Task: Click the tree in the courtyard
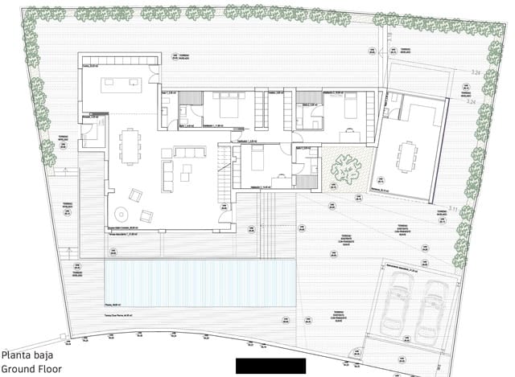(x=347, y=169)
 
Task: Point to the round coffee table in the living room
(x=121, y=215)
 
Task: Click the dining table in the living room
(x=130, y=147)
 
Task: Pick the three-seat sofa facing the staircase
(x=190, y=153)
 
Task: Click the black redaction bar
(x=270, y=366)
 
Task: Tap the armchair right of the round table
(x=147, y=215)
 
